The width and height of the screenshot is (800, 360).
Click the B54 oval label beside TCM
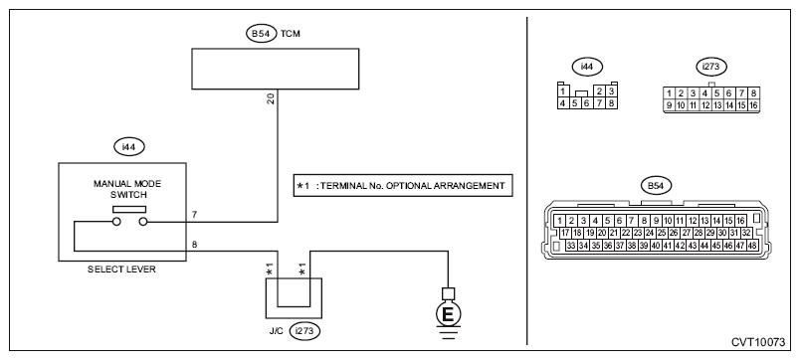pyautogui.click(x=262, y=34)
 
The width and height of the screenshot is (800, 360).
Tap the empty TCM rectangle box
pyautogui.click(x=275, y=69)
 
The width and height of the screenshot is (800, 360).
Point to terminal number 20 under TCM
pyautogui.click(x=271, y=98)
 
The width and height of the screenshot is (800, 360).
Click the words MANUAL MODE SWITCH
pyautogui.click(x=127, y=189)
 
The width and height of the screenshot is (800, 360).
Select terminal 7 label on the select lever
pyautogui.click(x=194, y=215)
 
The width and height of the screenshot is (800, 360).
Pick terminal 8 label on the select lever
pyautogui.click(x=194, y=244)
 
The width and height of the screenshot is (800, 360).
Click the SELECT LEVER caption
pyautogui.click(x=121, y=270)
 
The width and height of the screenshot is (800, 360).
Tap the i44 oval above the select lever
pyautogui.click(x=129, y=147)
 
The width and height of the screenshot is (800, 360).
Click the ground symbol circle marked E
pyautogui.click(x=448, y=314)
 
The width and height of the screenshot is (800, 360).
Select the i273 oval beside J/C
pyautogui.click(x=304, y=331)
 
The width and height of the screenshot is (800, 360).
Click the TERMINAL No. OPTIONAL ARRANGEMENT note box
pyautogui.click(x=403, y=186)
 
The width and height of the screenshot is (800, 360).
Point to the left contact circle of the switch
pyautogui.click(x=116, y=222)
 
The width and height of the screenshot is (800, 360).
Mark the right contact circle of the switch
pyautogui.click(x=143, y=222)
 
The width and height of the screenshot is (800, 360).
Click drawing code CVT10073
pyautogui.click(x=758, y=343)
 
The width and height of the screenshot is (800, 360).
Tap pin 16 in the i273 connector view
pyautogui.click(x=753, y=105)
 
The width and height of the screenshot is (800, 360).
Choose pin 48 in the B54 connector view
pyautogui.click(x=752, y=246)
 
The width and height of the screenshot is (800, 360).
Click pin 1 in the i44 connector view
pyautogui.click(x=562, y=91)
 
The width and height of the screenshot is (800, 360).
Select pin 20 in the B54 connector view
pyautogui.click(x=602, y=233)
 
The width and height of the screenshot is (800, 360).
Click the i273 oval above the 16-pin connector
pyautogui.click(x=711, y=67)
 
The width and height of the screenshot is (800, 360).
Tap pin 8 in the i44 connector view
pyautogui.click(x=611, y=102)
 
